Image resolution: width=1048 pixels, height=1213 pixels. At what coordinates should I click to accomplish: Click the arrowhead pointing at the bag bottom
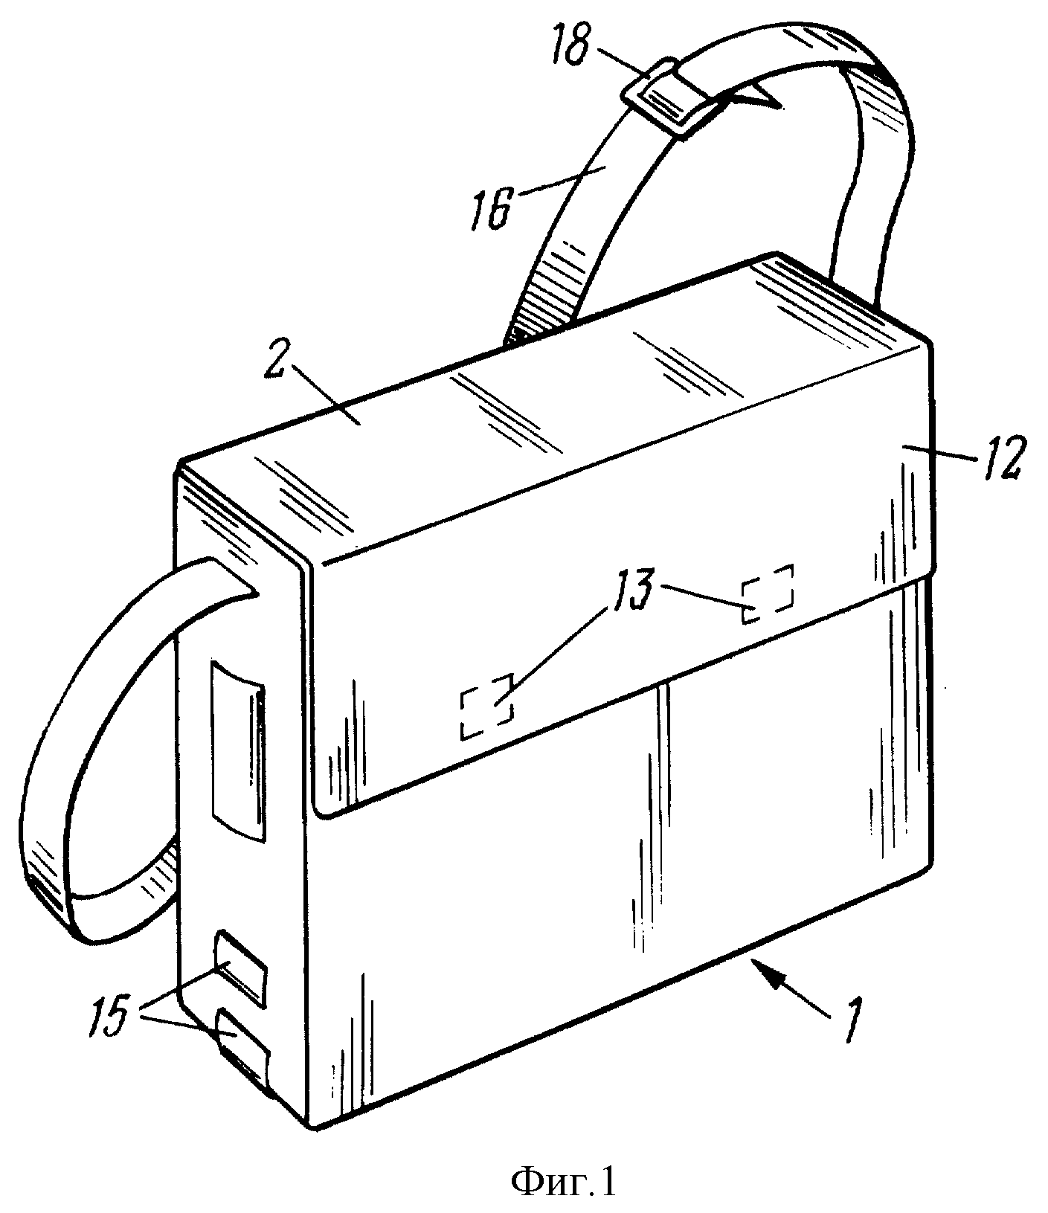768,971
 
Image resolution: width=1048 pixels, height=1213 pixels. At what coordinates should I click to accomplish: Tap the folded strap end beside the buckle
751,97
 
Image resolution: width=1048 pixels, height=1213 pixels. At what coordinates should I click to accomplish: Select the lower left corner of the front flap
322,812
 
